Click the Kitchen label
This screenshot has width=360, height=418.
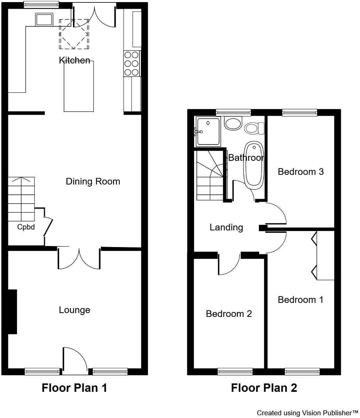74,60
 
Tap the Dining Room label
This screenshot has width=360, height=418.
93,181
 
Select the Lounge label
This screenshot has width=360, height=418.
74,310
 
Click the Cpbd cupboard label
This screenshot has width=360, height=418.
26,228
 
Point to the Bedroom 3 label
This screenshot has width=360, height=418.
301,172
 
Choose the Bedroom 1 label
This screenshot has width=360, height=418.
301,300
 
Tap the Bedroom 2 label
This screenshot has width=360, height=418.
229,314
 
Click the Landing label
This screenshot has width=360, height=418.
226,228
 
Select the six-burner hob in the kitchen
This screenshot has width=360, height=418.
132,63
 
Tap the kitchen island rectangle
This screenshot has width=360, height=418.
79,89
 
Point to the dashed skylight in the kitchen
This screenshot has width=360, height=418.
74,34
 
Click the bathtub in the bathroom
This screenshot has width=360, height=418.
253,165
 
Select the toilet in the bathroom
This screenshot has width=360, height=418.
254,128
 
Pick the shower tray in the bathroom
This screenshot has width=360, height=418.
208,131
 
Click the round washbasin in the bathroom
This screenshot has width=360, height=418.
233,123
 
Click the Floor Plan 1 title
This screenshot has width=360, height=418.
74,388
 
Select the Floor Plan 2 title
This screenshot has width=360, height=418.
264,388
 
